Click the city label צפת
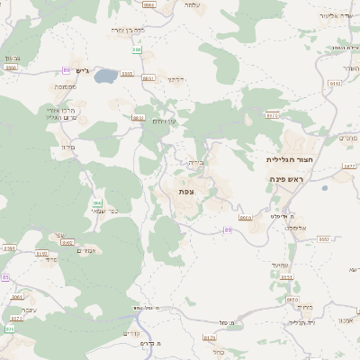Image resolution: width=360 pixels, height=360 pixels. (186, 192)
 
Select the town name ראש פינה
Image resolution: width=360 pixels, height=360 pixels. (288, 180)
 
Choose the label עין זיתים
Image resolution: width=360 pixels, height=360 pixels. (163, 121)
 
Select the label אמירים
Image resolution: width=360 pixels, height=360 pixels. (88, 250)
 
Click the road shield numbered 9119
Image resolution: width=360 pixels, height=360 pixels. (335, 83)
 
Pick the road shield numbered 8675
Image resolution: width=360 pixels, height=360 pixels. (272, 114)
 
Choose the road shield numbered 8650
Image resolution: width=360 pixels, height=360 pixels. (291, 301)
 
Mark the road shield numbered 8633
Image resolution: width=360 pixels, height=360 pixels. (138, 117)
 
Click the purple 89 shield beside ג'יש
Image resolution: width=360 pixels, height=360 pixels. (67, 69)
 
